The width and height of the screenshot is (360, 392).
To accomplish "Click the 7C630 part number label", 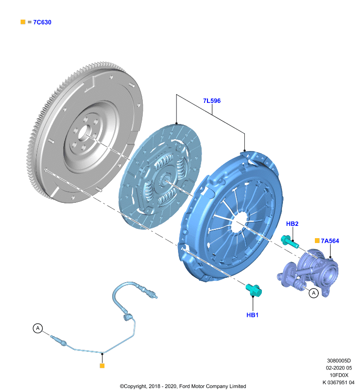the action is coord(42,22).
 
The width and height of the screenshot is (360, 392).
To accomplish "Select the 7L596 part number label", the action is coord(212,101).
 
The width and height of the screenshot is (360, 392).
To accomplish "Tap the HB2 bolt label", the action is coord(292,224).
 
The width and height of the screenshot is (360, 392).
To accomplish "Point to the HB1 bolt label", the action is coord(253,315).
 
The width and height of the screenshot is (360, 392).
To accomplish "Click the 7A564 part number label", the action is coord(330,241).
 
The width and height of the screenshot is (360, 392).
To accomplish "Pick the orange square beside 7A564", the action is coord(317,241).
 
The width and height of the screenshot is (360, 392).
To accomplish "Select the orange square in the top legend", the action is coord(23,22).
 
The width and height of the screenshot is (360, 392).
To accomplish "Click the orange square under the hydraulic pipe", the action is coord(102,366).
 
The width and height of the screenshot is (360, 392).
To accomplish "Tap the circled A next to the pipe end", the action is coord(38,328).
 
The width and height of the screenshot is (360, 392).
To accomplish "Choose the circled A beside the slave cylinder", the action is coord(314,293).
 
